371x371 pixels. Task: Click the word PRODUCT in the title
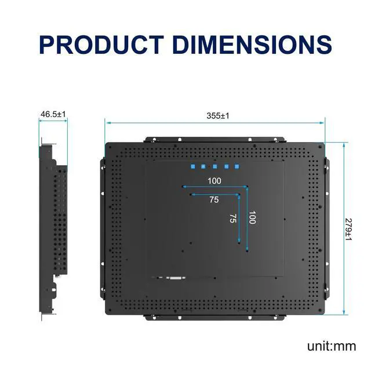click(x=102, y=45)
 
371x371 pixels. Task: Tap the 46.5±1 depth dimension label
click(x=53, y=114)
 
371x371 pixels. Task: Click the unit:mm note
click(x=332, y=347)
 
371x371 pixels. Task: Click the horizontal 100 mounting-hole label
click(x=214, y=181)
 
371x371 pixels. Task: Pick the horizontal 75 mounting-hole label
click(x=214, y=200)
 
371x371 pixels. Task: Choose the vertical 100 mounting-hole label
click(x=252, y=218)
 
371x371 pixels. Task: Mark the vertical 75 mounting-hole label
click(x=232, y=219)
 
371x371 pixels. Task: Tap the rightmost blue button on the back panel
click(x=237, y=167)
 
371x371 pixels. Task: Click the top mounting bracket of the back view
click(x=215, y=140)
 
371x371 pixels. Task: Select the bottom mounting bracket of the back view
click(x=215, y=317)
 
